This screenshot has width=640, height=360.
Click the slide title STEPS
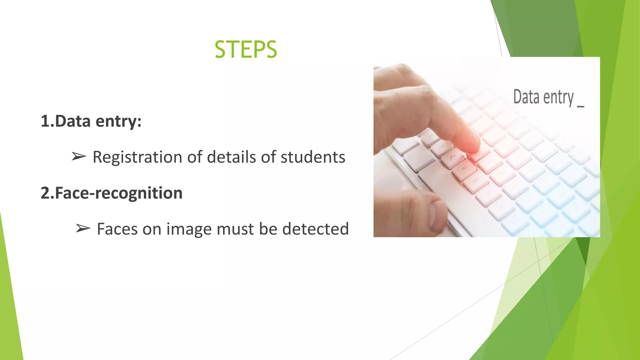[246, 50]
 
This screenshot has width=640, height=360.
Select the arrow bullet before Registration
[78, 156]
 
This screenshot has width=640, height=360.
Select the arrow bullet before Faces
[83, 228]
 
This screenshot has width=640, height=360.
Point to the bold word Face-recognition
[118, 193]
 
